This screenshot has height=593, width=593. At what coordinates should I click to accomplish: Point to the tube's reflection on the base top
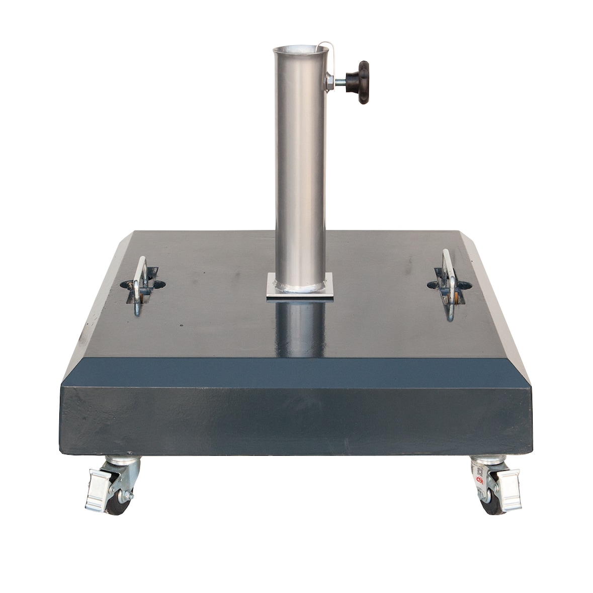point(300,327)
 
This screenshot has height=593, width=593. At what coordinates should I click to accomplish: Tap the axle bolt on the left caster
point(130,496)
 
